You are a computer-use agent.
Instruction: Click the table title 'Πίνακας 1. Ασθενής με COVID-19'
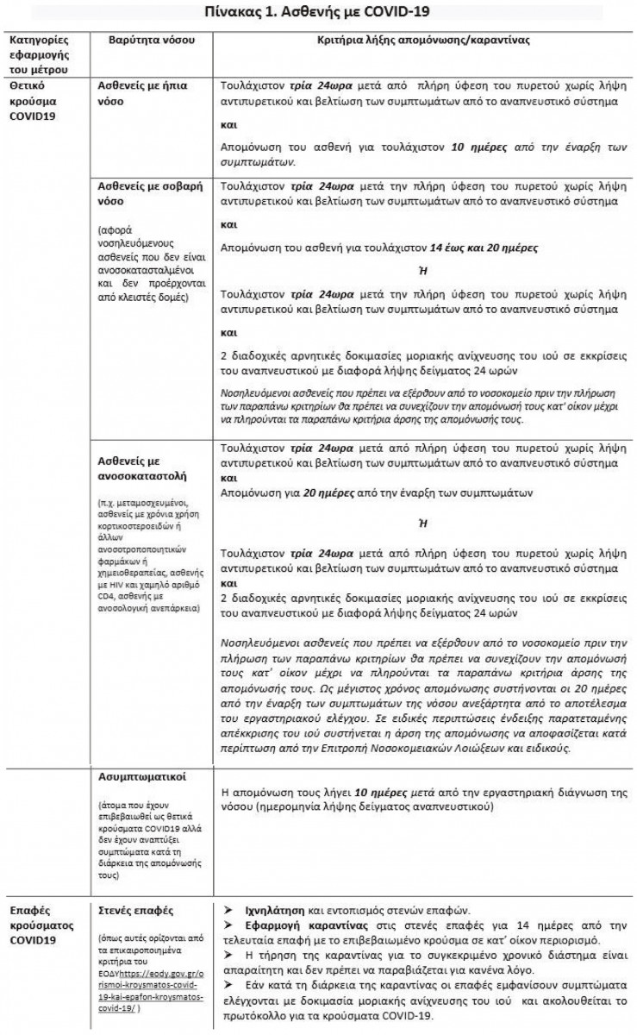(x=318, y=13)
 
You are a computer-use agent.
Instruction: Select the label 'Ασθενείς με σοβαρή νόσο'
(x=144, y=193)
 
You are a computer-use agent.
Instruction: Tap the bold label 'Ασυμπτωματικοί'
(x=139, y=775)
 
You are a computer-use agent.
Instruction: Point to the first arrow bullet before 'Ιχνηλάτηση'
(x=227, y=909)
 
